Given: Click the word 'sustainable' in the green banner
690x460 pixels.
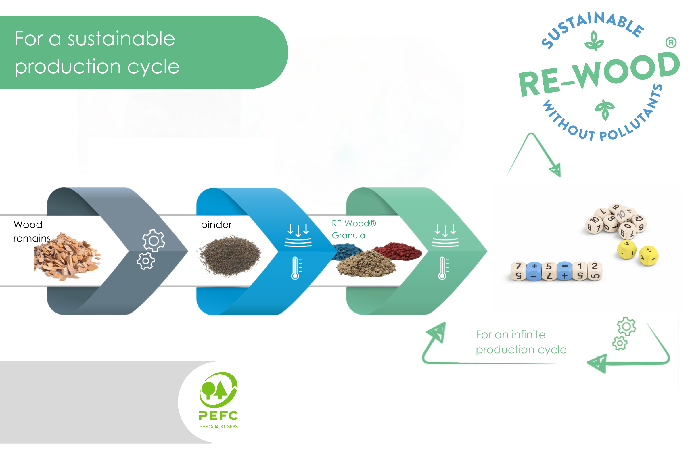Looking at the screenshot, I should click(x=121, y=39).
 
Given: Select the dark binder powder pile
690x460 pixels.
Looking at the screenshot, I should click(x=230, y=255).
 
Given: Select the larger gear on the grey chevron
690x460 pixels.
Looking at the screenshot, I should click(x=154, y=241).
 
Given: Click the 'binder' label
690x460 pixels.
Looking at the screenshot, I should click(x=216, y=225).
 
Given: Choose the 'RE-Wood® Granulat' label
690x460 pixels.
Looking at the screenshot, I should click(x=354, y=229).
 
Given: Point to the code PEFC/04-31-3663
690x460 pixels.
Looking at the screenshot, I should click(x=218, y=427).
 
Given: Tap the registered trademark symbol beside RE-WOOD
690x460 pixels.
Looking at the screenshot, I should click(x=671, y=43).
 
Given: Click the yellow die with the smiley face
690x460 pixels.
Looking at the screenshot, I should click(x=648, y=255).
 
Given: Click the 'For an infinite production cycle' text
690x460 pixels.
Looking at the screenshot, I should click(x=521, y=342).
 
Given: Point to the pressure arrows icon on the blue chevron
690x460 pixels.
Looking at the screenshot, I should click(x=298, y=235).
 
